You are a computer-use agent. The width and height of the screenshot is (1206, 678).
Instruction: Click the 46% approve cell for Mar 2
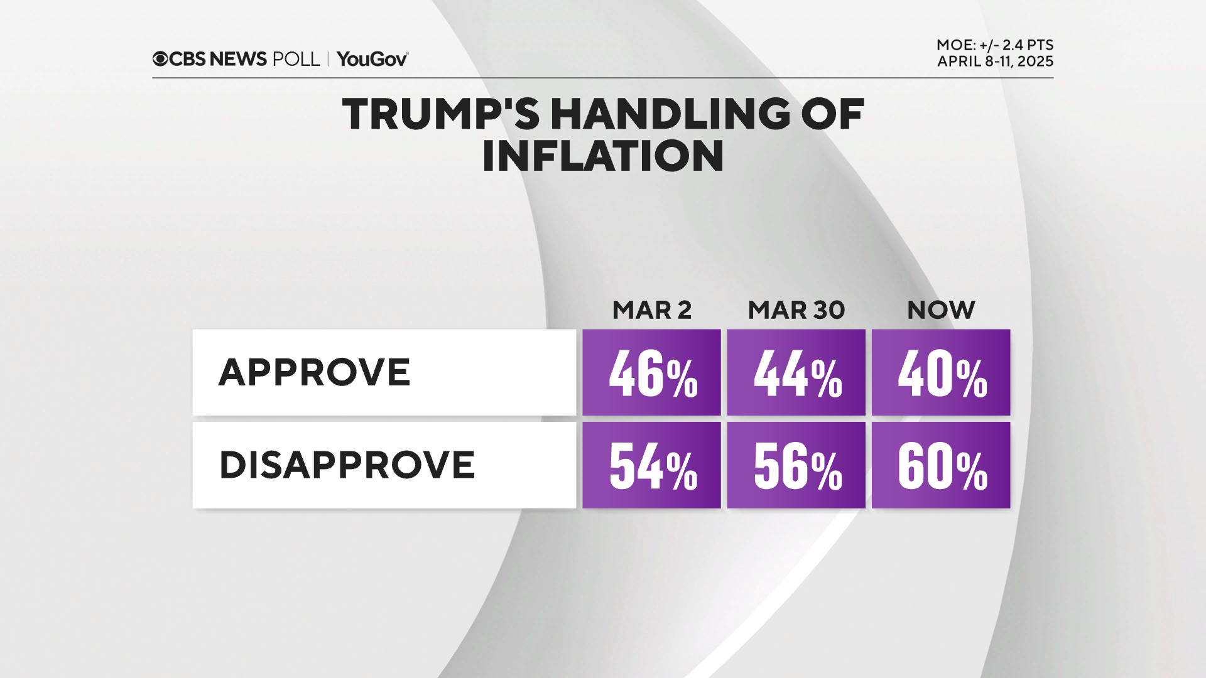click(651, 372)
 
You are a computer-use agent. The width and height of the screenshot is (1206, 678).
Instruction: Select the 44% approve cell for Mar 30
click(796, 372)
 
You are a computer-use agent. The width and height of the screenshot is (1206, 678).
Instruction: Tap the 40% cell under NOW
click(941, 372)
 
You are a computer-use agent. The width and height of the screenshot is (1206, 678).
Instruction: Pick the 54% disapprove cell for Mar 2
click(651, 465)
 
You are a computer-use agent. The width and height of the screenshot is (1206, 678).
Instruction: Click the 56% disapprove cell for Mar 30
click(796, 465)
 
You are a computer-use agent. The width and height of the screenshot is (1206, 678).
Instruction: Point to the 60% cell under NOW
click(941, 465)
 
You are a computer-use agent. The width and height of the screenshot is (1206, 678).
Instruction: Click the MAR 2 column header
click(651, 310)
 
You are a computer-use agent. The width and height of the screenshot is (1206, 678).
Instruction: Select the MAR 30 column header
click(796, 310)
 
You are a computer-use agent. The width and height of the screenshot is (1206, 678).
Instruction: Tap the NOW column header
click(941, 310)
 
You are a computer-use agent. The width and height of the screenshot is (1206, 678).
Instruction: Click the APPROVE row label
click(314, 372)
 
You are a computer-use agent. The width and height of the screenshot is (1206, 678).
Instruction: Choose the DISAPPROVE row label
click(347, 465)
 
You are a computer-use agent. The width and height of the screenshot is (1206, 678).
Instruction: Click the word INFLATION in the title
click(603, 156)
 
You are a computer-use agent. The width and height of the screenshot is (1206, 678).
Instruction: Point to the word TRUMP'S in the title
click(440, 114)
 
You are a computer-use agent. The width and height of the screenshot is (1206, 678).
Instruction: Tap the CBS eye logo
click(160, 59)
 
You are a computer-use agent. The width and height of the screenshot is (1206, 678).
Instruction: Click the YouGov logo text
click(372, 59)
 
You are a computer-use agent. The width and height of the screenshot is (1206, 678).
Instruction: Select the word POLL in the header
click(296, 59)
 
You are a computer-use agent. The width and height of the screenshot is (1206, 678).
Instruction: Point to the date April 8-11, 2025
click(995, 62)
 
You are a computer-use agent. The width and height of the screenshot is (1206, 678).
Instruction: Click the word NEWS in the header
click(238, 59)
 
